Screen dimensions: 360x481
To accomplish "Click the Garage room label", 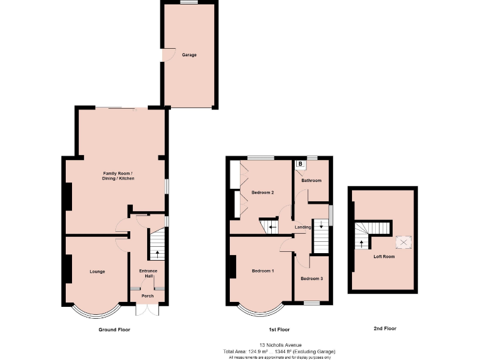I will [189, 55].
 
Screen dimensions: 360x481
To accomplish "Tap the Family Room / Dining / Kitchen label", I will [119, 176].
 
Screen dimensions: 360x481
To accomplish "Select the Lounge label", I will [97, 271].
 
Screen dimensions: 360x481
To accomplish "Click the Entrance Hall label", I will [148, 273].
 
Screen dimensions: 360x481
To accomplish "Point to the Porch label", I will [148, 296].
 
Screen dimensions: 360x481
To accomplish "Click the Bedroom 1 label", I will [262, 271].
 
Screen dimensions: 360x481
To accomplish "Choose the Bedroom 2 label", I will [263, 192].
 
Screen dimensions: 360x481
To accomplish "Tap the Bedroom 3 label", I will [311, 278].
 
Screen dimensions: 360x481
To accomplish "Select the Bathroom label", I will [311, 181].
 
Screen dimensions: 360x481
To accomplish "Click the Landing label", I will [303, 227].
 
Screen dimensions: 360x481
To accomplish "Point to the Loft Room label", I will [384, 256].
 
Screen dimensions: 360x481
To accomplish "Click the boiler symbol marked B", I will [301, 164].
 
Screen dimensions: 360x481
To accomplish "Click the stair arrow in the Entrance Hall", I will [156, 253].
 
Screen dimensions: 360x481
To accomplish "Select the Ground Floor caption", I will [115, 329].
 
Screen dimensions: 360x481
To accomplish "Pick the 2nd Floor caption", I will [384, 328].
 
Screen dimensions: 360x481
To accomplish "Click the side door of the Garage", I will [165, 56].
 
